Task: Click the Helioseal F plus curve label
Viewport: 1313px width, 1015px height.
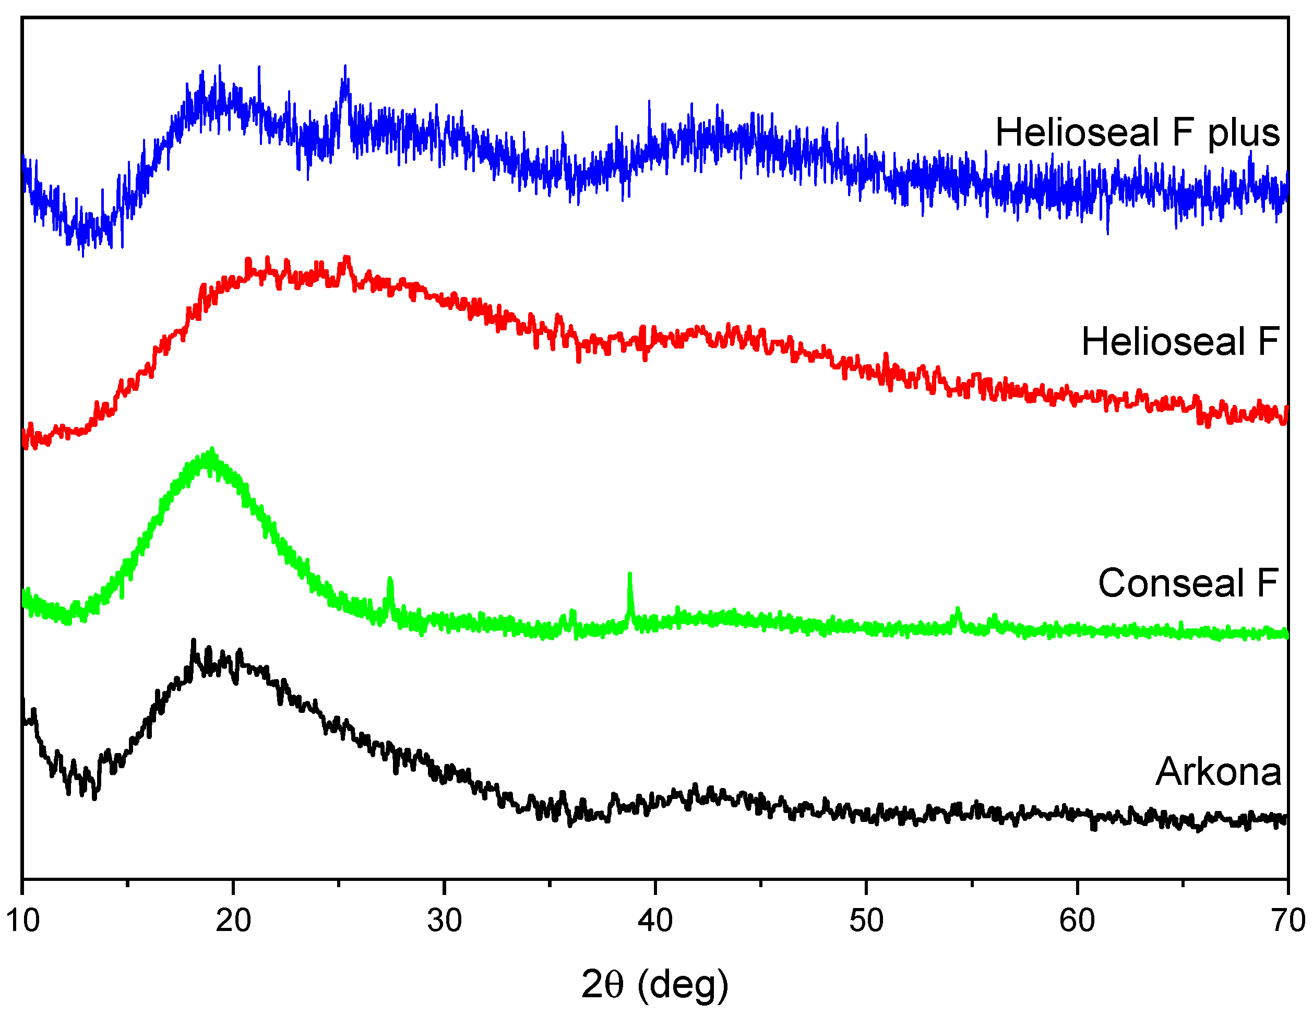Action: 1138,133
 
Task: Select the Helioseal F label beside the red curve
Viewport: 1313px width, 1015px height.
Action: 1180,342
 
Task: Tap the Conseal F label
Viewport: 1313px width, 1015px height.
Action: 1188,583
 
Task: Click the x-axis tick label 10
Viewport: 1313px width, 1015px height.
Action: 23,921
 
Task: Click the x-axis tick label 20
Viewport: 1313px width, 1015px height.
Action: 233,921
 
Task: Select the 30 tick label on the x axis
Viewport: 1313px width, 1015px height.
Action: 444,921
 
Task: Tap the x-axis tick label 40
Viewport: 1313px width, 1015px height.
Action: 655,921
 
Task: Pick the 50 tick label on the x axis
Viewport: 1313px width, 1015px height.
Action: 866,921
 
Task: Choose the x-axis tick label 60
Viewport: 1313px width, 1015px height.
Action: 1077,921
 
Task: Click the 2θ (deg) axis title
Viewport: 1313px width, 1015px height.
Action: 655,985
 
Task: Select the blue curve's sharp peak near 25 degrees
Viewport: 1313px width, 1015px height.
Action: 345,68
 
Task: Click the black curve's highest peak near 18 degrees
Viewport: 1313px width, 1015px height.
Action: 193,641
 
